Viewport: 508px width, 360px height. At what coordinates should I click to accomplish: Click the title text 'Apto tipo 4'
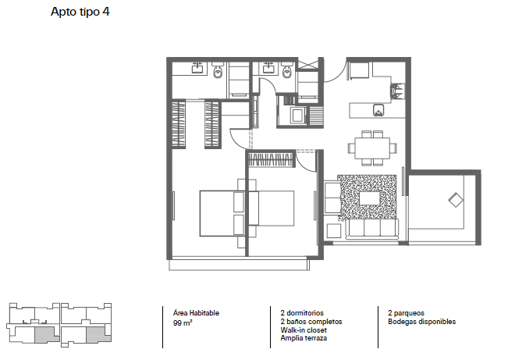click(80, 13)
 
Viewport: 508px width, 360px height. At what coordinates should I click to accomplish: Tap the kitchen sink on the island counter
click(379, 109)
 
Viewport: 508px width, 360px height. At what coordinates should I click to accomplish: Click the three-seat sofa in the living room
click(371, 229)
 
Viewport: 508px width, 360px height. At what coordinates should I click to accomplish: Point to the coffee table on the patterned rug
click(369, 198)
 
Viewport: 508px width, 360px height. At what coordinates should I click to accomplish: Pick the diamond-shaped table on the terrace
click(456, 200)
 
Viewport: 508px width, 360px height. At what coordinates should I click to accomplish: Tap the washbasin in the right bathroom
click(269, 67)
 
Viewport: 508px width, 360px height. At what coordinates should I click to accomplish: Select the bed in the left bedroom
click(219, 212)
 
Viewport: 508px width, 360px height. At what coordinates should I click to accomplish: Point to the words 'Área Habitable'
click(190, 313)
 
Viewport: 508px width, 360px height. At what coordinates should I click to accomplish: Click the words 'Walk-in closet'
click(302, 330)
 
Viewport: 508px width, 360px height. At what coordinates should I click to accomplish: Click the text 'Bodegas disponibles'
click(421, 322)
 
